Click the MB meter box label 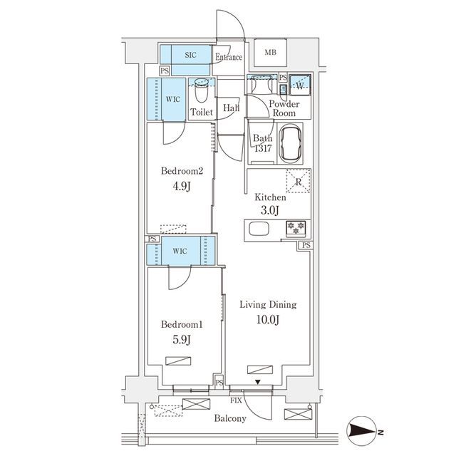click(271, 53)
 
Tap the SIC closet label click(190, 55)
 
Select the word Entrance click(229, 57)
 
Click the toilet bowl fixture click(202, 90)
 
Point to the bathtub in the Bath click(291, 143)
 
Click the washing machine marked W click(300, 85)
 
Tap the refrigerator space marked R click(299, 181)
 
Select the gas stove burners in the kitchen click(296, 228)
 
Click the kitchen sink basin click(259, 229)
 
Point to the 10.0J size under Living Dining click(268, 320)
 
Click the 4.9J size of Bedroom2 click(182, 186)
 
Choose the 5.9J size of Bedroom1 click(182, 339)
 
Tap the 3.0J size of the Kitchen click(270, 210)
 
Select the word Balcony click(230, 418)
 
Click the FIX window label click(236, 400)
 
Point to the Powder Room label click(284, 108)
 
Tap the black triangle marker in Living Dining click(258, 382)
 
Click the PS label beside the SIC click(165, 71)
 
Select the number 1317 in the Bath click(263, 148)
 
